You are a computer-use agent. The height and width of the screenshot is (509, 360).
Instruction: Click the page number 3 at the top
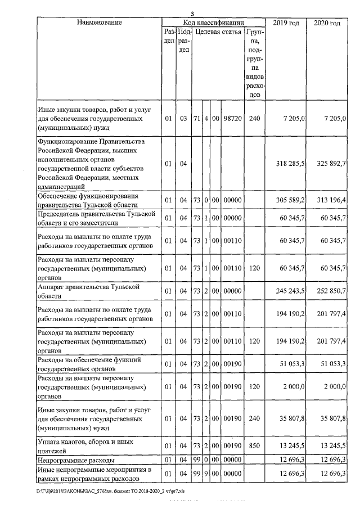pyautogui.click(x=191, y=13)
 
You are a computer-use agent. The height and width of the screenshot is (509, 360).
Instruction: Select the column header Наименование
pyautogui.click(x=99, y=23)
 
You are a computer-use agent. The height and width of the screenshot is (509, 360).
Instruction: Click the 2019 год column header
pyautogui.click(x=285, y=23)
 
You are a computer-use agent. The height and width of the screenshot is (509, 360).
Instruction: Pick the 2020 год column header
pyautogui.click(x=327, y=23)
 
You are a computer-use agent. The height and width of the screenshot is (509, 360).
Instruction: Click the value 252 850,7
pyautogui.click(x=329, y=291)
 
